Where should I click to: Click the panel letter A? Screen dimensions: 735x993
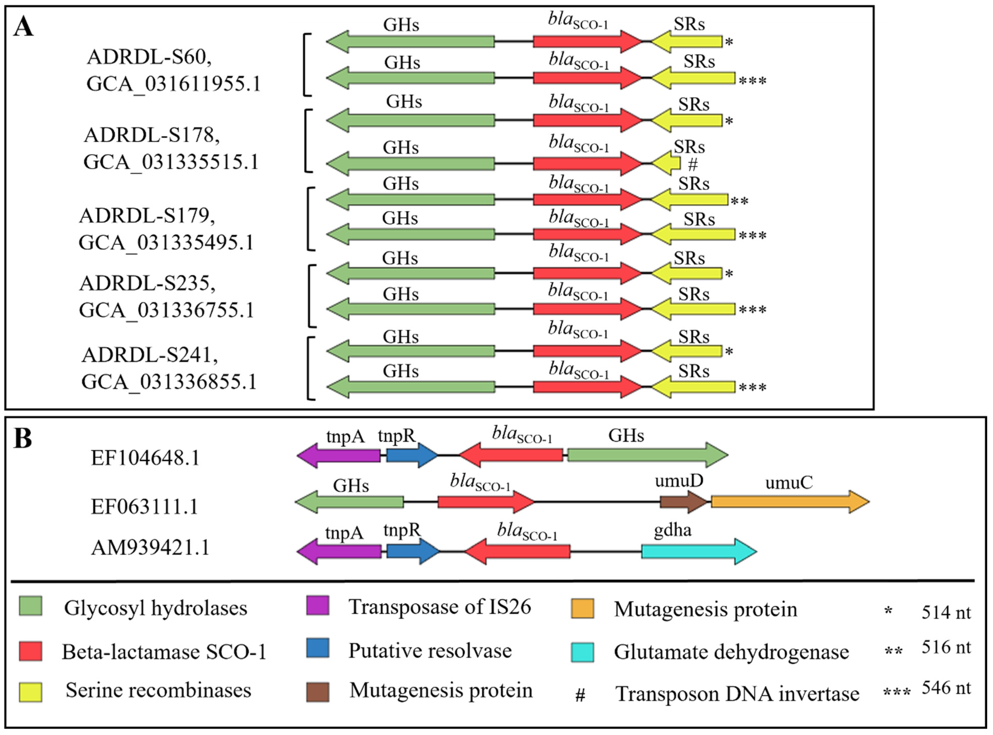click(x=23, y=27)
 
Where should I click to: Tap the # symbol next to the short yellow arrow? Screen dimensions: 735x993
click(x=692, y=165)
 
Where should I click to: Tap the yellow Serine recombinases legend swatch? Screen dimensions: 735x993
click(x=30, y=692)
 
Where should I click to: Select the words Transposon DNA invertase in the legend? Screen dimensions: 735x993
click(x=737, y=694)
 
